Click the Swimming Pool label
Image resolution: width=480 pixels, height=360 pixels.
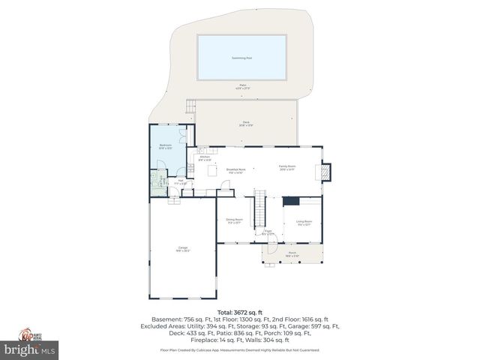point(241,57)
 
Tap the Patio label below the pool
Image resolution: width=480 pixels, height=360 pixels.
point(242,86)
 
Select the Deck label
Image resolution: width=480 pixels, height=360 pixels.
point(245,123)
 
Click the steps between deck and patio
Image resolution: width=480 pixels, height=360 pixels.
point(192,106)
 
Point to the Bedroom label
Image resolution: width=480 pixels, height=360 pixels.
point(166,146)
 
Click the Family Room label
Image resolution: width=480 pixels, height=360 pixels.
point(287,169)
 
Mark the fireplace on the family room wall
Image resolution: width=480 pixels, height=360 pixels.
point(325,172)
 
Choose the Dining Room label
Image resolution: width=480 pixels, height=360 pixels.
point(234,220)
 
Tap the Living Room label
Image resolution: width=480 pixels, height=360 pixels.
point(303,222)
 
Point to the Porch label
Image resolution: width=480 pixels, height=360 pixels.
point(292,254)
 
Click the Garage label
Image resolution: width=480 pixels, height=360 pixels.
point(182,248)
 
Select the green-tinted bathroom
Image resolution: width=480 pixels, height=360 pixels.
point(158,184)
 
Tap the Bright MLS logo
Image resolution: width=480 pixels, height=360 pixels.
point(30,349)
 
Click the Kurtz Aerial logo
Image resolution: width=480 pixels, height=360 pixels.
point(30,334)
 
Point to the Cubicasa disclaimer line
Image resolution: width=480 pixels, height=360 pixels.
point(239,350)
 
